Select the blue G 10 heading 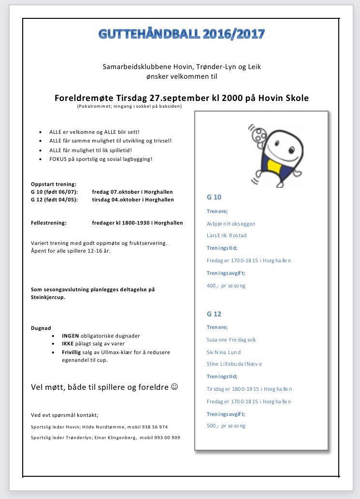[x=214, y=197]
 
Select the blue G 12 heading [x=214, y=314]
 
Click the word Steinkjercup [x=48, y=298]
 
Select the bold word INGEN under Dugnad [x=71, y=335]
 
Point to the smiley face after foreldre [x=175, y=387]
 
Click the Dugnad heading [x=41, y=328]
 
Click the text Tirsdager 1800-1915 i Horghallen [x=249, y=389]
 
